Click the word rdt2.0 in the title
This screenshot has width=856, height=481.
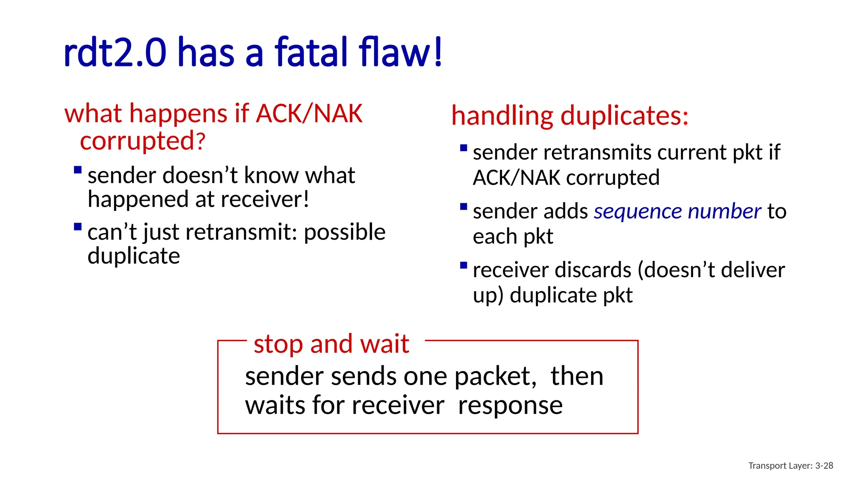click(115, 53)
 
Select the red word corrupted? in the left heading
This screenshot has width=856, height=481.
click(143, 141)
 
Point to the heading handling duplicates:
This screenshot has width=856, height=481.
click(570, 116)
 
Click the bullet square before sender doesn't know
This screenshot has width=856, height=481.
click(77, 170)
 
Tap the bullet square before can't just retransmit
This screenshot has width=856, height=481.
click(77, 227)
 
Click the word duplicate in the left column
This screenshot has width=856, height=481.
click(134, 256)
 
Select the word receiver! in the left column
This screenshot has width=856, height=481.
click(265, 199)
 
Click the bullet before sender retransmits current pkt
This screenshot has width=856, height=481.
click(463, 148)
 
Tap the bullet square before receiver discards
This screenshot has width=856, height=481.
click(463, 265)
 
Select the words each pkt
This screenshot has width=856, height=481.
click(513, 237)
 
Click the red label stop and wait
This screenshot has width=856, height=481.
click(331, 344)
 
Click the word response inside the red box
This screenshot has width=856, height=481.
click(510, 406)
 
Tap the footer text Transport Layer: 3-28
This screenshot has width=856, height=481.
click(790, 466)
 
